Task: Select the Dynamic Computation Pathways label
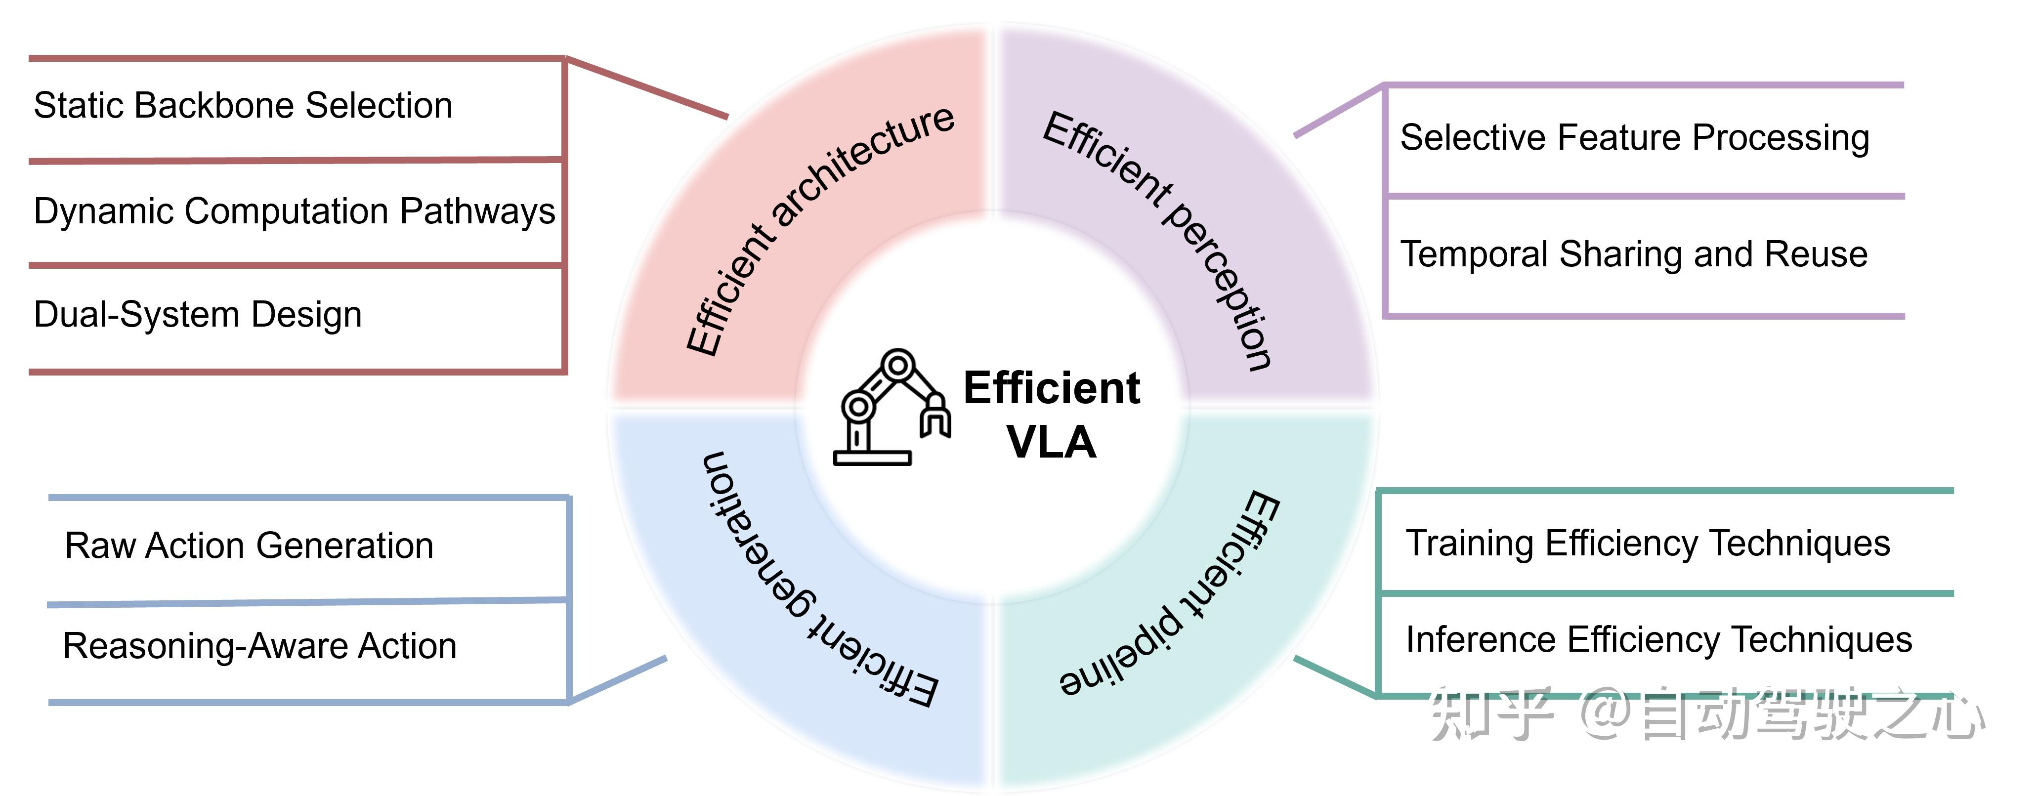coord(295,212)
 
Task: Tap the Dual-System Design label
coord(198,315)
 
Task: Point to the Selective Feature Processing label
coord(1635,138)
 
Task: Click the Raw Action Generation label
coord(249,546)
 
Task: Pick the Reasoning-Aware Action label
coord(259,646)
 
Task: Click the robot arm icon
coord(892,407)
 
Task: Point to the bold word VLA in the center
coord(1052,442)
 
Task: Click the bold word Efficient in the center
coord(1052,388)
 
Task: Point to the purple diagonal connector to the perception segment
coord(1339,110)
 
